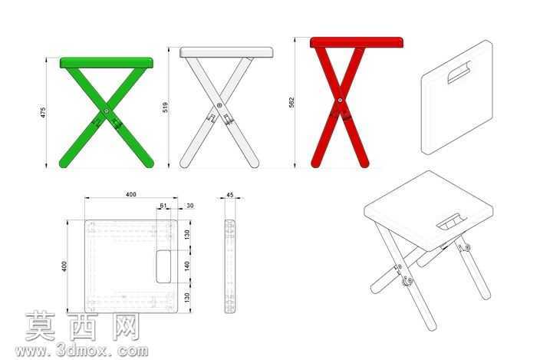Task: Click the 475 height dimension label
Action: click(43, 113)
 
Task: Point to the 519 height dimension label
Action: click(166, 107)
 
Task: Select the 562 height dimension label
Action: click(291, 103)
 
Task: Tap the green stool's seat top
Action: click(107, 63)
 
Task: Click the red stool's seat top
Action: click(357, 42)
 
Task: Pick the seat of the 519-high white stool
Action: click(226, 52)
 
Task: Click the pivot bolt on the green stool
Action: click(107, 111)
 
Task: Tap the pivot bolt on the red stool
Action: click(341, 101)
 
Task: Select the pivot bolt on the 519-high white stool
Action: click(219, 105)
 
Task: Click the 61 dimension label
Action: click(163, 206)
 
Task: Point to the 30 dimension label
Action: click(189, 206)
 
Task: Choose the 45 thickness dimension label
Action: click(229, 195)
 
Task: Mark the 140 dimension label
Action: click(187, 266)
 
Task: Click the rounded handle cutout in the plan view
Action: click(163, 266)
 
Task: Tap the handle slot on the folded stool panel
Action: click(459, 73)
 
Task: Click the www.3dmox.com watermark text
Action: click(81, 351)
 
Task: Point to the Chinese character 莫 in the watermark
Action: click(41, 326)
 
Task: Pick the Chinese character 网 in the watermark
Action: click(126, 326)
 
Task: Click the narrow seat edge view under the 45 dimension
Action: click(230, 266)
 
